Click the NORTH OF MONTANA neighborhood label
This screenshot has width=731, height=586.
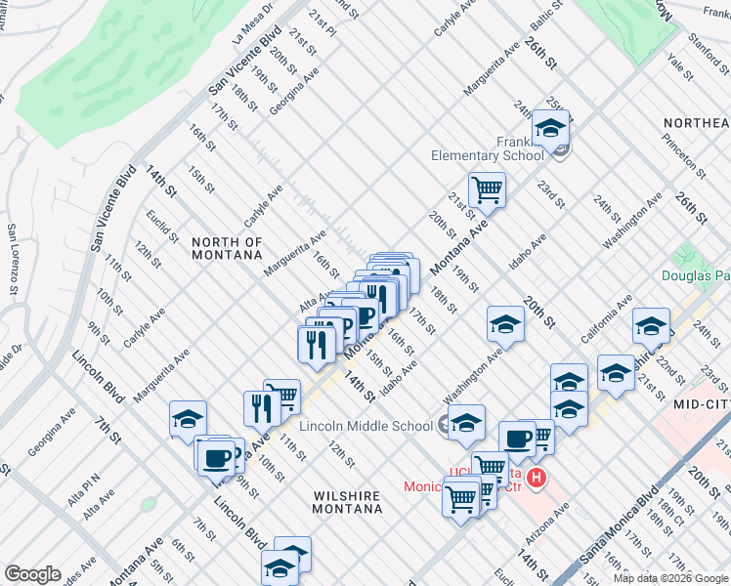(x=227, y=248)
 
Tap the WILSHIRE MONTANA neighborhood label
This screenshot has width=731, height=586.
(x=346, y=504)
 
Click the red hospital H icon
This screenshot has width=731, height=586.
(x=536, y=478)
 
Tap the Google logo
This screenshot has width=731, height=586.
(x=33, y=574)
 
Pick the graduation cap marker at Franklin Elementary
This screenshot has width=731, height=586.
(x=550, y=127)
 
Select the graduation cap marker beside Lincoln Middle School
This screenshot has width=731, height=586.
(x=467, y=421)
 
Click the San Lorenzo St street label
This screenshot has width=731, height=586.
(x=13, y=260)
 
